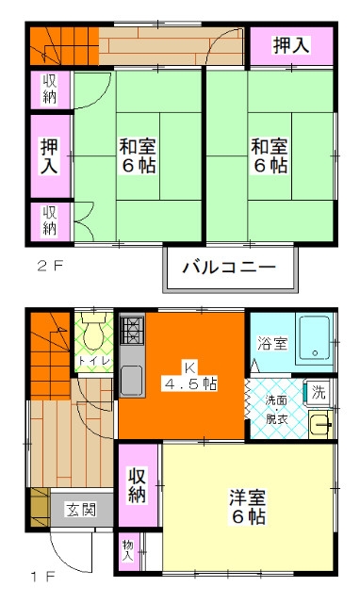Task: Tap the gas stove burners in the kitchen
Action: pos(132,330)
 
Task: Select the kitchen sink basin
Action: pos(132,380)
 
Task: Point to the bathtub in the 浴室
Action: pos(315,338)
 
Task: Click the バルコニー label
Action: pos(229,267)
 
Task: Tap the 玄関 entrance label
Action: pos(81,511)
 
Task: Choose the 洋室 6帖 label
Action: pos(248,507)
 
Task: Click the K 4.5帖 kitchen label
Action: pos(190,376)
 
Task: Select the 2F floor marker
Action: pos(49,266)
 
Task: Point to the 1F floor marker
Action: pos(43,577)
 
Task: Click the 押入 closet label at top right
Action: pos(291,45)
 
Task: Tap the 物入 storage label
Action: pos(128,550)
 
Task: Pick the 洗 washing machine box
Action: pos(318,393)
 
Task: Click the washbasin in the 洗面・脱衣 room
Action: pos(320,425)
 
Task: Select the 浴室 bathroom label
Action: pos(272,343)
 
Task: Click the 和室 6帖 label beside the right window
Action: pos(270,156)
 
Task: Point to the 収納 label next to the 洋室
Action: pos(138,485)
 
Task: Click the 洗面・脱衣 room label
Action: pos(276,410)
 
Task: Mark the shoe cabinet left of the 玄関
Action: pos(40,508)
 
